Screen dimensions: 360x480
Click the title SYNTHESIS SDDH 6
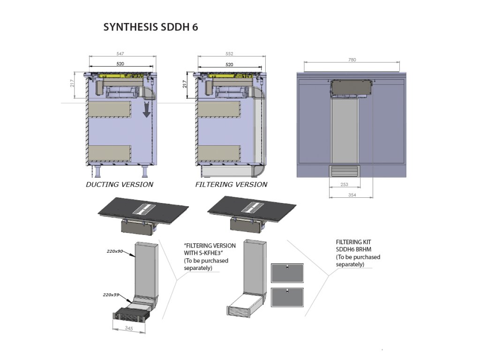pos(150,27)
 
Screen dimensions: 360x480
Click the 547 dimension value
pos(120,54)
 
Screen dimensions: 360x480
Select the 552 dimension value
pos(229,54)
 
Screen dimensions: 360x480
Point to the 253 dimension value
pos(344,185)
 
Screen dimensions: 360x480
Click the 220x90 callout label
pos(114,252)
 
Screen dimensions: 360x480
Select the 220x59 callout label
pos(111,295)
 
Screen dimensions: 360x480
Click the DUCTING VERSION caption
pos(119,185)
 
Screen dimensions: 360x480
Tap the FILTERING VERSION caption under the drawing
pos(231,185)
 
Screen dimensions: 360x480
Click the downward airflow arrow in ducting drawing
pos(146,111)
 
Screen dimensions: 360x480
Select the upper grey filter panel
pos(287,273)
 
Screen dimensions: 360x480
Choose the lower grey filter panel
pos(287,297)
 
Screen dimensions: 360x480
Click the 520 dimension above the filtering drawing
pos(229,64)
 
